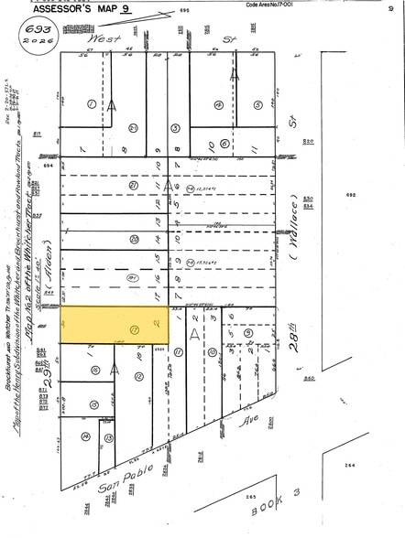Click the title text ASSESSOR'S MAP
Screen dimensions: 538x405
coord(74,9)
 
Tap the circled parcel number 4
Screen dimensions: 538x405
coord(218,103)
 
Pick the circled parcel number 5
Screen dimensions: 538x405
coord(258,103)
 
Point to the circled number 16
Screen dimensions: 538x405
coord(95,370)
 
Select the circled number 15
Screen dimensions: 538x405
coord(93,403)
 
